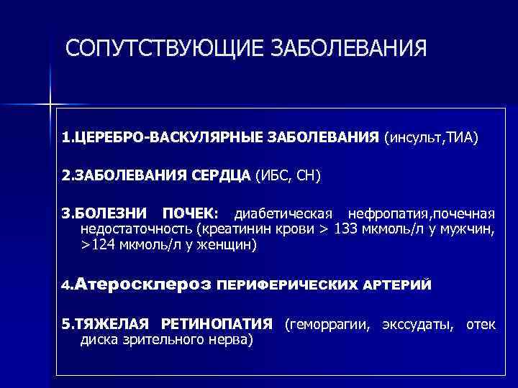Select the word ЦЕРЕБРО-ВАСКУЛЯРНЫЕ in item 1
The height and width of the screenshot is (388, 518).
[148, 137]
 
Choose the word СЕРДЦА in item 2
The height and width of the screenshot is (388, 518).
[222, 175]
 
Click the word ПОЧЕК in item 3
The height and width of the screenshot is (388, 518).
[188, 213]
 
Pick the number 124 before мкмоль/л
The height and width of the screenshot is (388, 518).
[104, 244]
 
